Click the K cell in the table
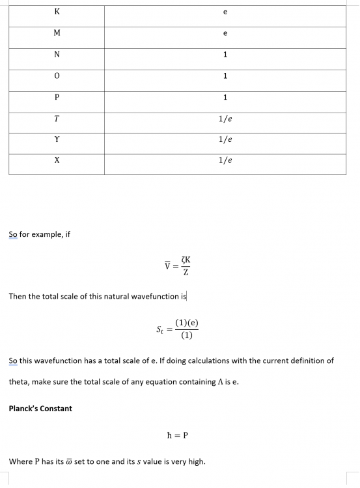(x=57, y=12)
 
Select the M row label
(x=57, y=33)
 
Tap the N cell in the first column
(x=57, y=55)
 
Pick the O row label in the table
(x=57, y=76)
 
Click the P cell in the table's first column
(x=57, y=98)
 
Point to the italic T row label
(x=57, y=118)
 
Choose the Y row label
(x=57, y=139)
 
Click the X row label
(x=57, y=161)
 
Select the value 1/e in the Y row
(x=225, y=139)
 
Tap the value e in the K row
(x=225, y=12)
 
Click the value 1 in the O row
(x=225, y=76)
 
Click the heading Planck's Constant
(x=40, y=409)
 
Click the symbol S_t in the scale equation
(x=159, y=330)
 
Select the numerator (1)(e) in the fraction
(x=187, y=323)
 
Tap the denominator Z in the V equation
(x=186, y=272)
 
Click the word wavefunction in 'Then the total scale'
(x=156, y=297)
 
